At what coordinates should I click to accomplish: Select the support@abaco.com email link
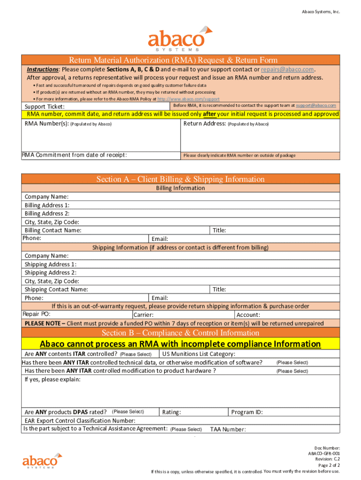tap(316, 105)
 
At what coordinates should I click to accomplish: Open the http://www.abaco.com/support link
tap(188, 99)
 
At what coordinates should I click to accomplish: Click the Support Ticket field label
tap(45, 107)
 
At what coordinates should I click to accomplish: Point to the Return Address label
tap(205, 124)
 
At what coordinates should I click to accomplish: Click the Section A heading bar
tap(180, 179)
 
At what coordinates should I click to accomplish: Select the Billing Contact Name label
tap(53, 230)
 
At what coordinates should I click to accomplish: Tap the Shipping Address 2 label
tap(50, 272)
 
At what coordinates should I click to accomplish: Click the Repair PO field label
tap(37, 314)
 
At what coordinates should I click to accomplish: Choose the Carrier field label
tap(143, 315)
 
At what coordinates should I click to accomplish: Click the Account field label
tap(248, 315)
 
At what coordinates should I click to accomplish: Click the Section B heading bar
tap(180, 333)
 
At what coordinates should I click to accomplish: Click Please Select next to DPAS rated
tap(128, 412)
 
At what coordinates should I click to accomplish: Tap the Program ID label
tap(247, 412)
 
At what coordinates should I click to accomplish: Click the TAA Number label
tap(228, 429)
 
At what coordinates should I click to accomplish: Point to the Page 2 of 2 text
tap(329, 465)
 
